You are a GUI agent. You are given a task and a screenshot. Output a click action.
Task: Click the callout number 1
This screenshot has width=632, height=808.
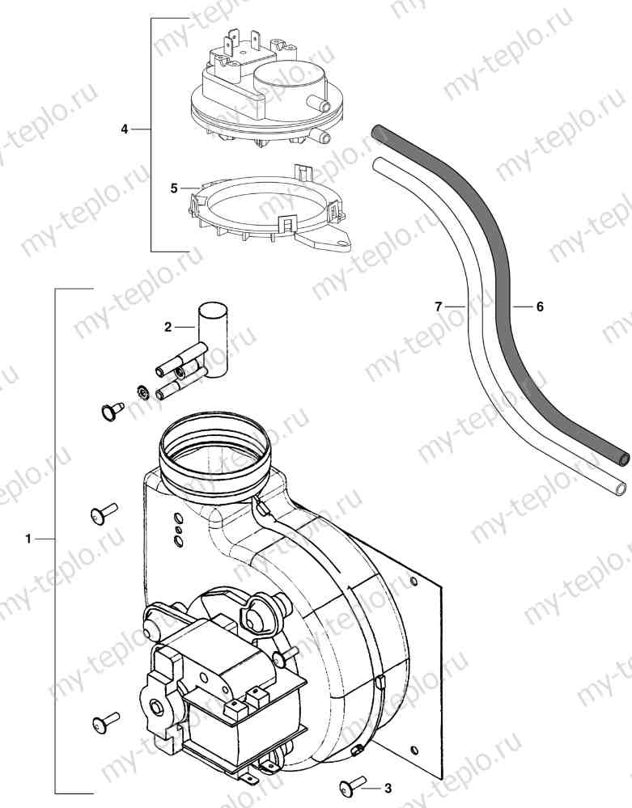[x=28, y=539]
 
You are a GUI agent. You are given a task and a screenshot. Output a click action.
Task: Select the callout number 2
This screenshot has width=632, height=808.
[x=168, y=327]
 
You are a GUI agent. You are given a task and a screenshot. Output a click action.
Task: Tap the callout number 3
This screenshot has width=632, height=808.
[x=388, y=788]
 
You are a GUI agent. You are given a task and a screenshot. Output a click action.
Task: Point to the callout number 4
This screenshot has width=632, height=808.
[x=125, y=129]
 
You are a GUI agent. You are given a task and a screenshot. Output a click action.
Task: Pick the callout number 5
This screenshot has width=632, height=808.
[x=174, y=188]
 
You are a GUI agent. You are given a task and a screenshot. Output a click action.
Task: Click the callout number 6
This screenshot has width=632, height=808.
[x=540, y=307]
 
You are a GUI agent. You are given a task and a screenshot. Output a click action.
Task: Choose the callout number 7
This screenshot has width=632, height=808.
[x=438, y=307]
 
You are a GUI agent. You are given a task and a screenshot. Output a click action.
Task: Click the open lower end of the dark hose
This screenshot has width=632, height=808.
[x=624, y=457]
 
